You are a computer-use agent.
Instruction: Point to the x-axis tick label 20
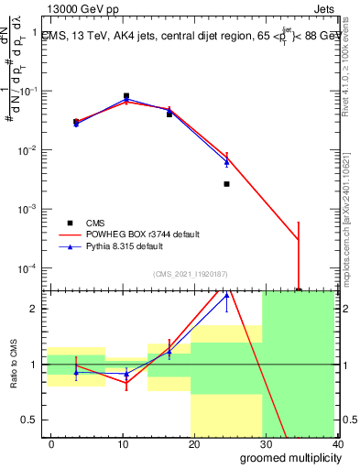click(x=193, y=444)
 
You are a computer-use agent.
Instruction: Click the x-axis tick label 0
click(x=51, y=444)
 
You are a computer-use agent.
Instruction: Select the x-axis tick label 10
click(x=122, y=444)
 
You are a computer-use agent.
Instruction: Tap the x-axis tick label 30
click(x=265, y=444)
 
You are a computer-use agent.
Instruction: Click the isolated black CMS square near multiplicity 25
click(x=226, y=184)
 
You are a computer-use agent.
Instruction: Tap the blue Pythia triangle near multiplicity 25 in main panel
click(x=226, y=162)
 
